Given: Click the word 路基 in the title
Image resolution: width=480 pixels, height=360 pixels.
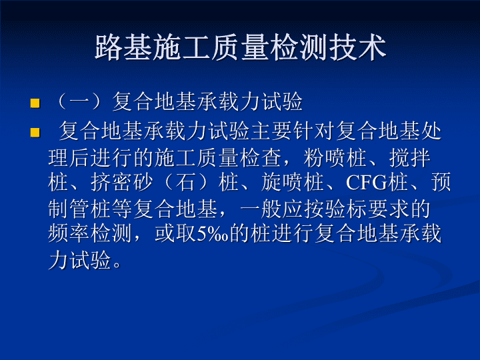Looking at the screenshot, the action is coord(124,47).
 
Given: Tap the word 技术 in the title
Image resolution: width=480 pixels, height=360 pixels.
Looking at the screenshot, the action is coord(357,47).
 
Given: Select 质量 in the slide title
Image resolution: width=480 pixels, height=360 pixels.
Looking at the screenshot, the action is coord(241,47).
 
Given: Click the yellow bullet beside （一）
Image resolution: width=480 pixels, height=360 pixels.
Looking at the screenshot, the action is coord(35,103).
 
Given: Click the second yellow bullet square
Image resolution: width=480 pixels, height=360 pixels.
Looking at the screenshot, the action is coord(35,133).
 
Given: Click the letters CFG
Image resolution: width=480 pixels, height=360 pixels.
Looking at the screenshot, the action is coord(367,183).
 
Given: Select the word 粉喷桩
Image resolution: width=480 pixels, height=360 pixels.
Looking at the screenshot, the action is coord(335,158).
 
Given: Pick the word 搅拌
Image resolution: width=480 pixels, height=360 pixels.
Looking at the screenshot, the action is coord(409,158).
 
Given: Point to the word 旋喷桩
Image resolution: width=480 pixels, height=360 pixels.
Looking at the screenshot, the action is coord(292,182).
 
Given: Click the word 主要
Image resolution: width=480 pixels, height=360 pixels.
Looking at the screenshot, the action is coord(271,131).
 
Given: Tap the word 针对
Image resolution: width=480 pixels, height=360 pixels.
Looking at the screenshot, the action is coord(313,131).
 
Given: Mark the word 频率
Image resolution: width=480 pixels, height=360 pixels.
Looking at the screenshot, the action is coord(69,233).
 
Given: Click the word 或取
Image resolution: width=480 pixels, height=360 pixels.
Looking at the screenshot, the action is coord(175,233).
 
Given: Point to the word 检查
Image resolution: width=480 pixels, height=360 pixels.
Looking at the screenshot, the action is coord(261,158).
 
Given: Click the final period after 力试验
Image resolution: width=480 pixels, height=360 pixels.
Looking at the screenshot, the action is coord(117,265).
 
